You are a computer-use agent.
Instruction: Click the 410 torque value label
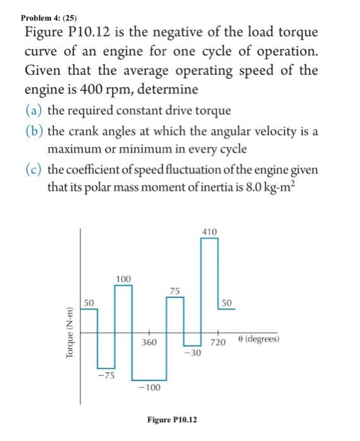[209, 232]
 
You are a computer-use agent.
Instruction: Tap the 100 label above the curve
[124, 278]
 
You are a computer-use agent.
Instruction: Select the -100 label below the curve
[150, 387]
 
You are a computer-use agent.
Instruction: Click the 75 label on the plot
[175, 290]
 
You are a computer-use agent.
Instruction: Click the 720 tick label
[218, 343]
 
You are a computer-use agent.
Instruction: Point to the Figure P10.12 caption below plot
[171, 419]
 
